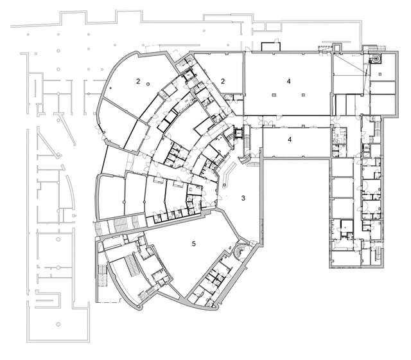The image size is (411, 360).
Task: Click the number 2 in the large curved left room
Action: coord(138,81)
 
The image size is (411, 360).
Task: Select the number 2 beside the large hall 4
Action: coord(222,81)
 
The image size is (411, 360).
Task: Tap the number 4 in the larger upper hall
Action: coord(289,81)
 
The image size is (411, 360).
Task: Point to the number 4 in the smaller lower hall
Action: coord(289,139)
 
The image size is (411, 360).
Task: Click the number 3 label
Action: coord(243,198)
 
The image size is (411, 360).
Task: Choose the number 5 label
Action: coord(193,244)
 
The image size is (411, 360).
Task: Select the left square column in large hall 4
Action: coord(274,94)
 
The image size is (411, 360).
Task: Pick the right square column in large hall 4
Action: coord(302,94)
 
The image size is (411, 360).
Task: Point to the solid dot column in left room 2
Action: coord(110,86)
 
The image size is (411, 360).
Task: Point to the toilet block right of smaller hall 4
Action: coord(338,142)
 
